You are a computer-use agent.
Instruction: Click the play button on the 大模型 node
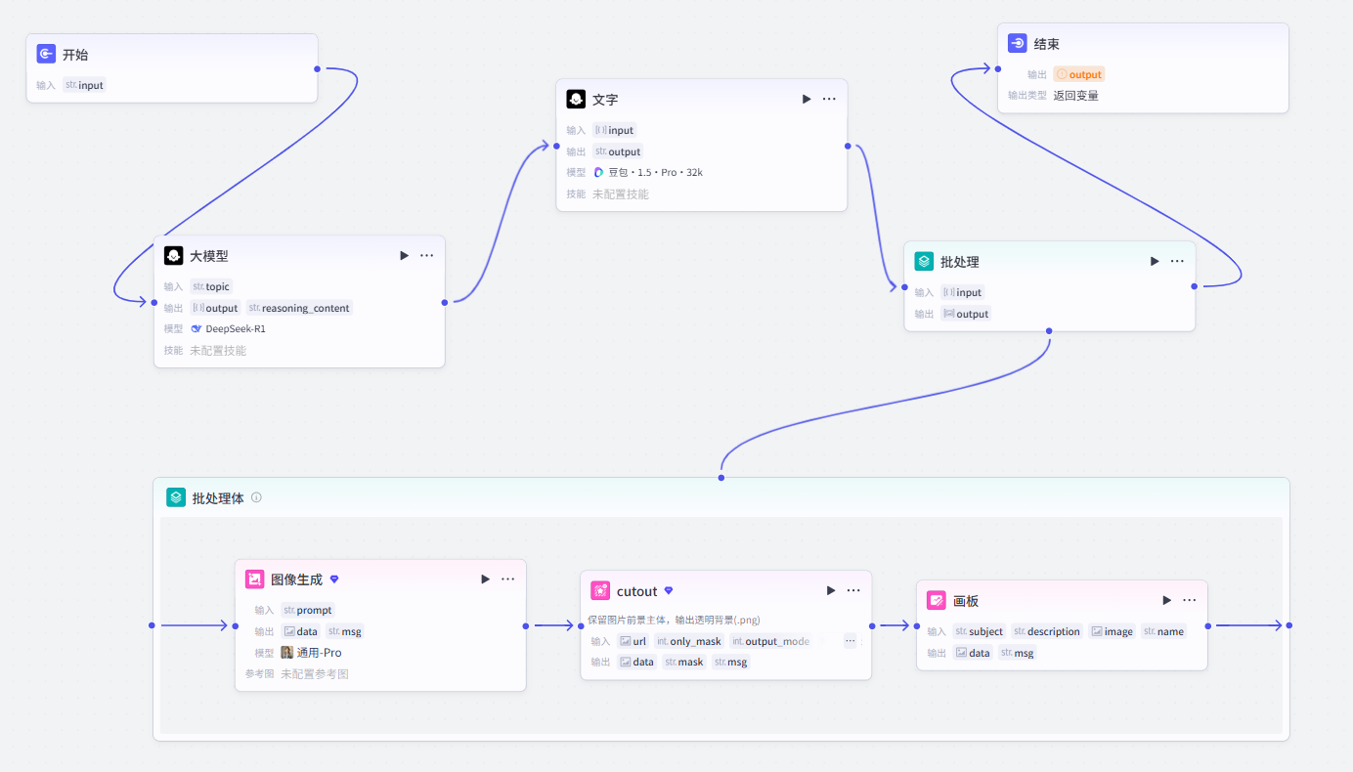pos(404,255)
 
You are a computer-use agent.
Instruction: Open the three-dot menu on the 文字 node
pos(829,99)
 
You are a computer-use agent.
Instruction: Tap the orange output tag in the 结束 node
pos(1078,74)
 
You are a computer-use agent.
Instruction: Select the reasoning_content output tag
pos(299,308)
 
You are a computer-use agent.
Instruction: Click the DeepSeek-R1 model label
pos(229,329)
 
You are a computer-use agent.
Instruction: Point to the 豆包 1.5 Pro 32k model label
pos(649,173)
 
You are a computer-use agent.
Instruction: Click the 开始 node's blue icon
pos(46,54)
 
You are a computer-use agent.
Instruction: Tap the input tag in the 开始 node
pos(84,85)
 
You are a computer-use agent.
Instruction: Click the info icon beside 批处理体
pos(257,497)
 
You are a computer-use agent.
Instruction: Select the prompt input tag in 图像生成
pos(307,610)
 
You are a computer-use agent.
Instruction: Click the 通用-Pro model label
pos(312,653)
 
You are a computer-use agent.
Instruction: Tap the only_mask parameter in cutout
pos(689,641)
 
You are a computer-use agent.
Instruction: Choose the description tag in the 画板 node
pos(1047,631)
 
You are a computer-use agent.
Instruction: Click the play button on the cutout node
pos(831,590)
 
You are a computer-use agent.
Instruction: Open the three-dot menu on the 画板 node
pos(1190,600)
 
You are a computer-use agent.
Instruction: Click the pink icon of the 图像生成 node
pos(254,579)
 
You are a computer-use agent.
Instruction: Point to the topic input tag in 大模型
pos(211,286)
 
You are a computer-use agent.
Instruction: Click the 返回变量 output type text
pos(1075,96)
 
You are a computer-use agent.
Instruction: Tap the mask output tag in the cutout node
pos(683,663)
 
